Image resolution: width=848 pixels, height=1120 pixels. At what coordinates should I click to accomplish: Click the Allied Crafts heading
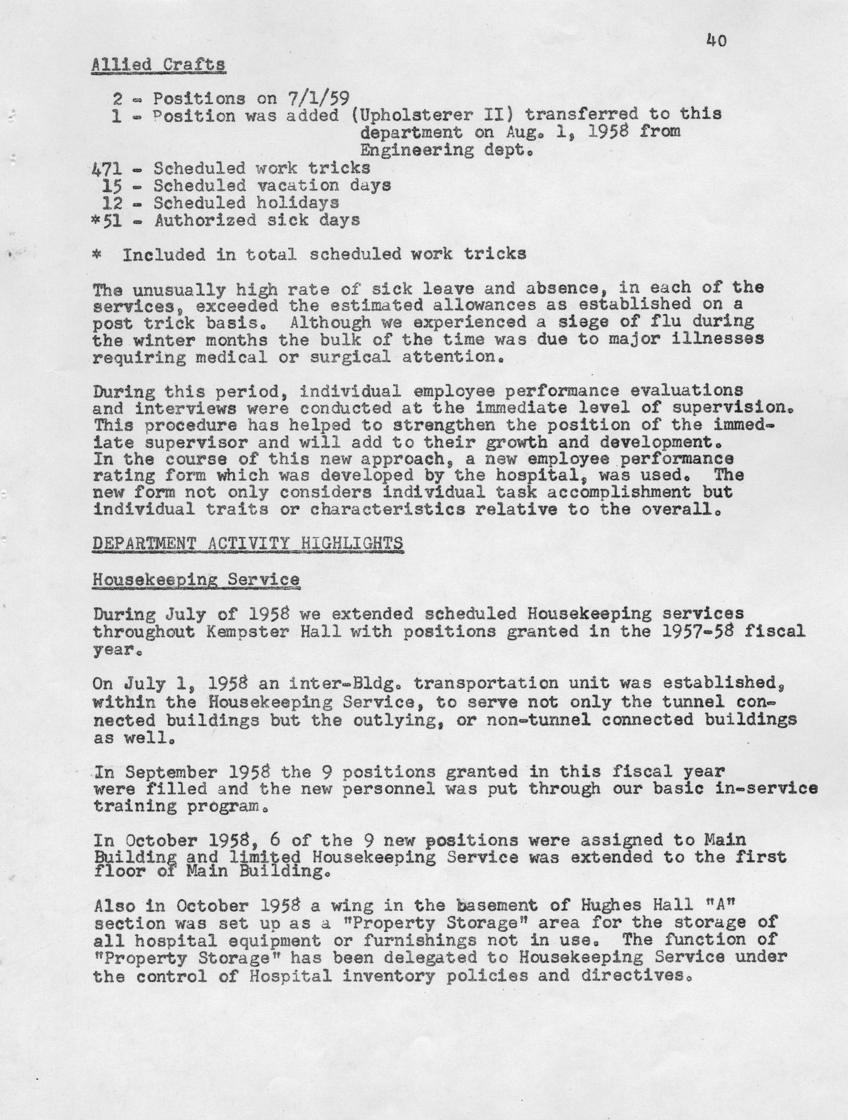point(158,65)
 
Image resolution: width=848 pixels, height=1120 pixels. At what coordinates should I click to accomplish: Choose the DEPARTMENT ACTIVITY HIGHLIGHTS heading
point(248,543)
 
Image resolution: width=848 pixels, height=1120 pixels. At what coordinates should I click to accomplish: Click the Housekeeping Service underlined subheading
point(196,579)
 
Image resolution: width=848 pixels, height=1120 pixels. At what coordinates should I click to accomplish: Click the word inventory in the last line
point(388,975)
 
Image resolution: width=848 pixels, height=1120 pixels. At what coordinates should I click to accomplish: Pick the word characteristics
point(387,509)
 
